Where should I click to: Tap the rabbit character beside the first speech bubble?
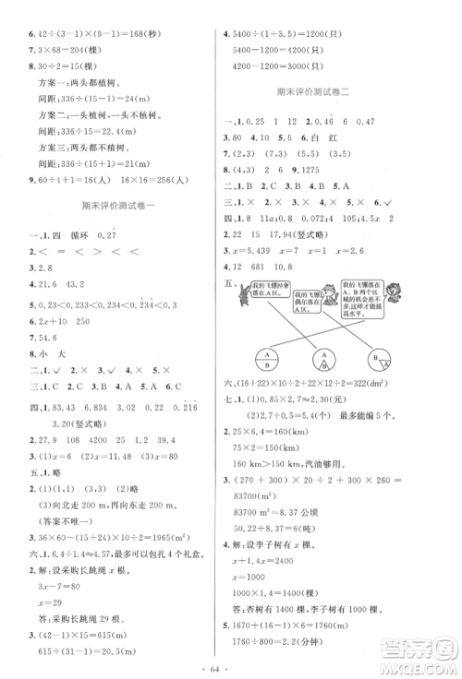coord(243,295)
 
